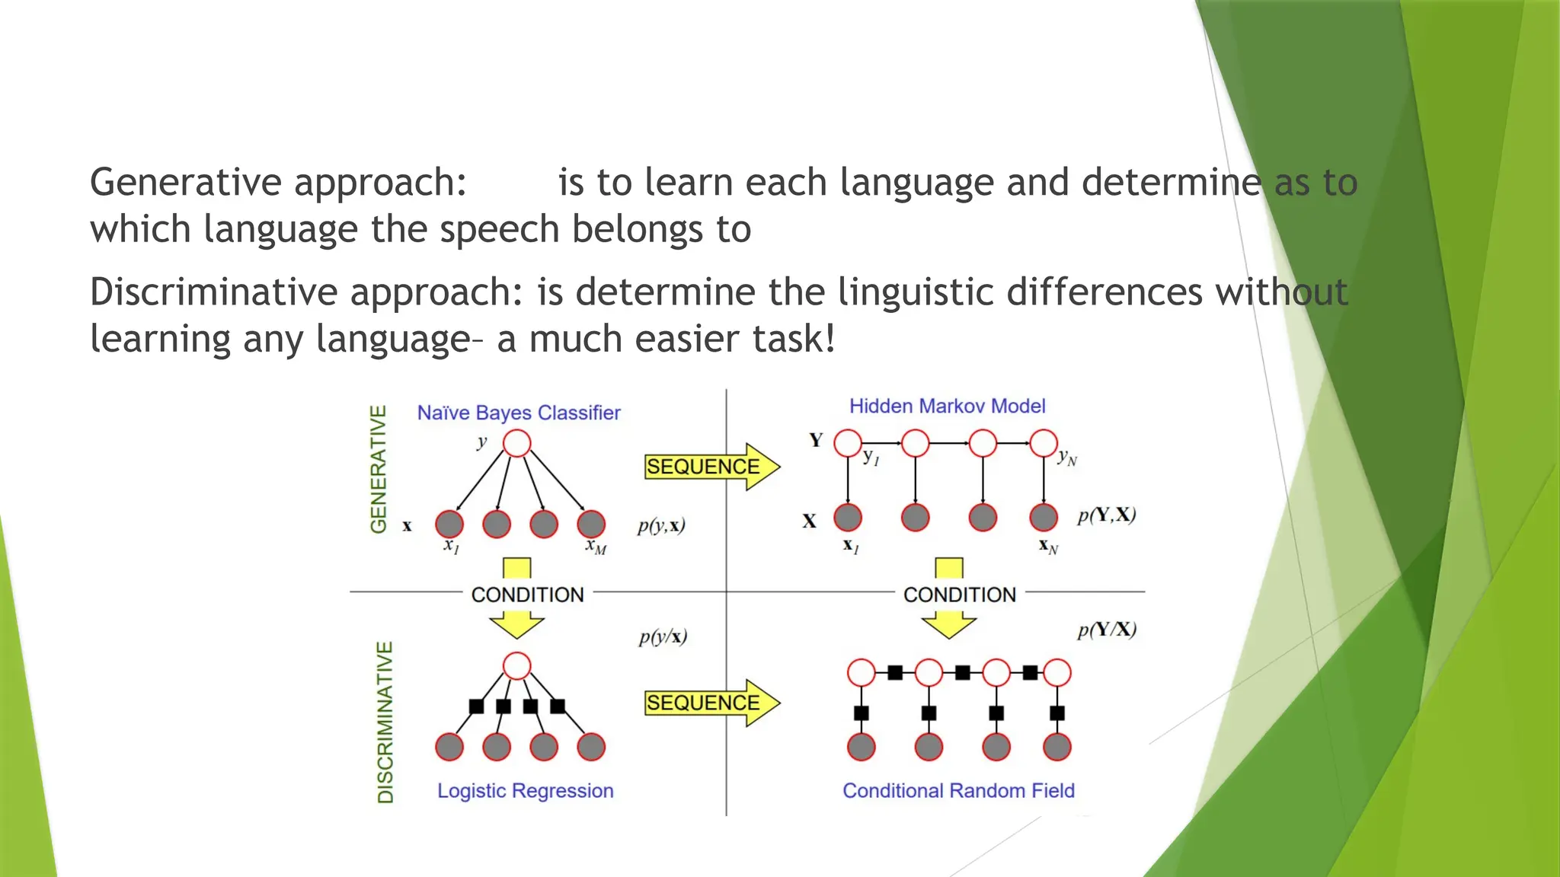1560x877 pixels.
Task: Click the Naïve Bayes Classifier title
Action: coord(518,413)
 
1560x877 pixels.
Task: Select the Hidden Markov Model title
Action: coord(947,406)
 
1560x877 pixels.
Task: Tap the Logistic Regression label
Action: coord(525,790)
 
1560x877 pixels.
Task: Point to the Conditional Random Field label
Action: coord(958,790)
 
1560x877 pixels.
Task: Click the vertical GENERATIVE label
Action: coord(379,469)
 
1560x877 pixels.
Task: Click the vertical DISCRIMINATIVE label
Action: coord(386,722)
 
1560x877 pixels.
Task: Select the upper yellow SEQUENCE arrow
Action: coord(711,467)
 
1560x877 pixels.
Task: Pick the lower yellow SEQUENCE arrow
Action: coord(711,703)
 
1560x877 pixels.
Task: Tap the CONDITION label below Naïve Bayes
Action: coord(527,595)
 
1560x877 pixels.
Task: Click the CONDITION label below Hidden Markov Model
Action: coord(959,595)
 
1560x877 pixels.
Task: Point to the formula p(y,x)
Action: coord(661,525)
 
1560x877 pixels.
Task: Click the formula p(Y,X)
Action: coord(1106,515)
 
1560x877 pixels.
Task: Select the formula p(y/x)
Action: coord(663,636)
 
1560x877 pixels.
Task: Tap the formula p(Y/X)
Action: coord(1106,630)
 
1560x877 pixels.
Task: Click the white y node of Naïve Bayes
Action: coord(517,443)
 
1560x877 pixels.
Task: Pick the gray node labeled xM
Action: coord(591,524)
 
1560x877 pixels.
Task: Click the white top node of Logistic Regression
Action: coord(517,665)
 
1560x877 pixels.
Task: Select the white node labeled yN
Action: coord(1044,443)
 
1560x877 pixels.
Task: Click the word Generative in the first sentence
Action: coord(186,183)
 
